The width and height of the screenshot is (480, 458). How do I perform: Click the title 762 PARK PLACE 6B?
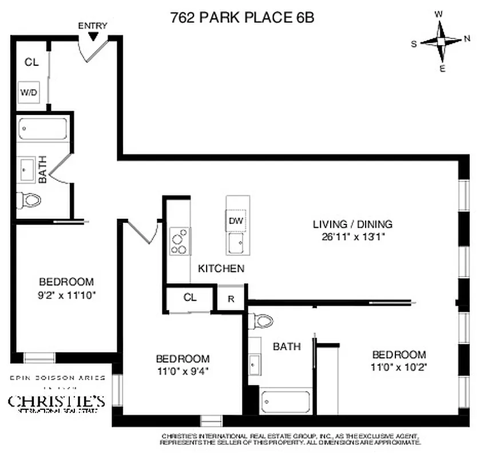pyautogui.click(x=242, y=17)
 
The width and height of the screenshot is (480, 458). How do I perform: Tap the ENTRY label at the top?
pyautogui.click(x=92, y=26)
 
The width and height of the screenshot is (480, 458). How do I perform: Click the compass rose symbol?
pyautogui.click(x=441, y=42)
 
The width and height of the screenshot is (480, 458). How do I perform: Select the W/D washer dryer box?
pyautogui.click(x=29, y=92)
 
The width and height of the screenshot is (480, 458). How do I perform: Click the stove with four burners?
pyautogui.click(x=180, y=241)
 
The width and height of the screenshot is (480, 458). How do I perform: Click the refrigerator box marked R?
pyautogui.click(x=231, y=298)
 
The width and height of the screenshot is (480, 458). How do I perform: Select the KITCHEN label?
pyautogui.click(x=221, y=268)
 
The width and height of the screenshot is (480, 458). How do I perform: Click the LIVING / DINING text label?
pyautogui.click(x=352, y=224)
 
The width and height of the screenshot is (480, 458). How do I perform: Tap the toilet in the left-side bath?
pyautogui.click(x=30, y=200)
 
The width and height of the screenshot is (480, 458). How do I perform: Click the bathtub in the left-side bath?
pyautogui.click(x=43, y=129)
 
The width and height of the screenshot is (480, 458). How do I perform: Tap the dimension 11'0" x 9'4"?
pyautogui.click(x=183, y=370)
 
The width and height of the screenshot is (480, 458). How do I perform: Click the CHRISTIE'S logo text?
pyautogui.click(x=56, y=400)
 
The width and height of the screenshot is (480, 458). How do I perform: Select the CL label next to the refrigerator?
pyautogui.click(x=190, y=298)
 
